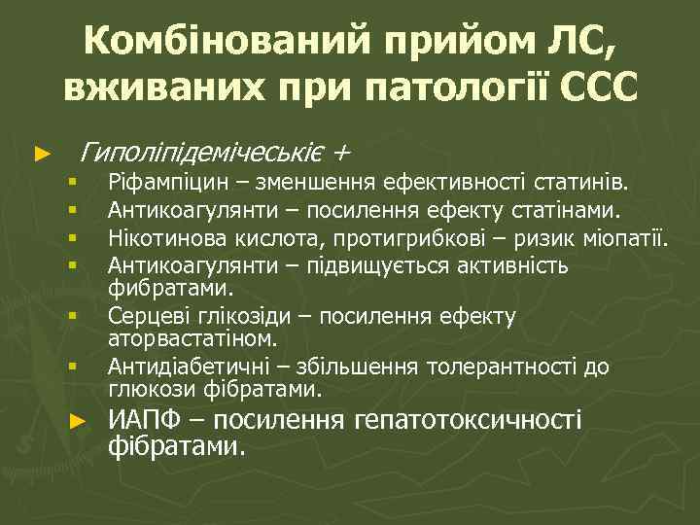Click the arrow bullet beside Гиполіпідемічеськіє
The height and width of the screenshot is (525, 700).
point(40,154)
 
